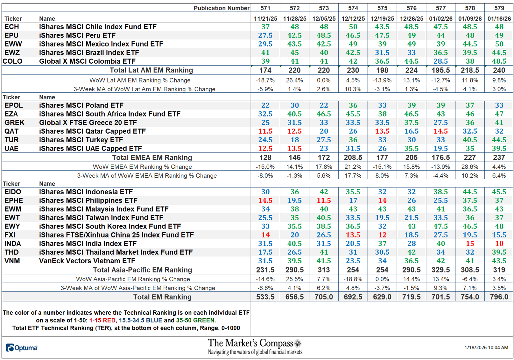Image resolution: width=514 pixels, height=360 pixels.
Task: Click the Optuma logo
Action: tap(22, 348)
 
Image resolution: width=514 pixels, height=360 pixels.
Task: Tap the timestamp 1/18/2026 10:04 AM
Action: tap(486, 347)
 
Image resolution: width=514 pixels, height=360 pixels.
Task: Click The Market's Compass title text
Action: tap(250, 343)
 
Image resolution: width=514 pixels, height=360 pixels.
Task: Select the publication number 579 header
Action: tap(499, 8)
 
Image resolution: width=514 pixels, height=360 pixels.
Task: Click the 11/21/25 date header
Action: tap(265, 18)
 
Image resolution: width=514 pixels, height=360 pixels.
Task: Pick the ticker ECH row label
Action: tap(12, 27)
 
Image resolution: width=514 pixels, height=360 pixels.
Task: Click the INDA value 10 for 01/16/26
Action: tap(499, 244)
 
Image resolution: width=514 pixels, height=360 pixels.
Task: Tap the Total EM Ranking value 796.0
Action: tap(499, 297)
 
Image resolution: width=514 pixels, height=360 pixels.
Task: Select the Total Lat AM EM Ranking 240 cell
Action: tap(499, 70)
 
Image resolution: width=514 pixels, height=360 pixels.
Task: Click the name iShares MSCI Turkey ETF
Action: tap(81, 140)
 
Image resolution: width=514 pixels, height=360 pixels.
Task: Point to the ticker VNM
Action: tap(12, 261)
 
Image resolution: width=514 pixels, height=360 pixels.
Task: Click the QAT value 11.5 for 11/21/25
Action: tap(265, 131)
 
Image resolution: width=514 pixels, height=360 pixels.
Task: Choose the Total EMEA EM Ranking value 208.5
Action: tap(353, 157)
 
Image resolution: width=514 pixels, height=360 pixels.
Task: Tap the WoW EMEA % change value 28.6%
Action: tap(469, 166)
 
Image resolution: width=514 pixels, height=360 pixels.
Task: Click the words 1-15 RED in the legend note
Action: tap(102, 320)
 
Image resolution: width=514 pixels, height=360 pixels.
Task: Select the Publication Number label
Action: tap(221, 8)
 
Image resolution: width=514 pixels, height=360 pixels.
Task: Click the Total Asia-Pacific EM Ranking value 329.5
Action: tap(440, 270)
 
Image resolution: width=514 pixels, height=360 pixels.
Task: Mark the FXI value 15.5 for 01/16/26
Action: tap(499, 235)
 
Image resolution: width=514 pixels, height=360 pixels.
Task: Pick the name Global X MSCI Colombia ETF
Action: tap(87, 61)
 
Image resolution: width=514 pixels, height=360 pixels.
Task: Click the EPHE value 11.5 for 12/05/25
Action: tap(324, 201)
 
